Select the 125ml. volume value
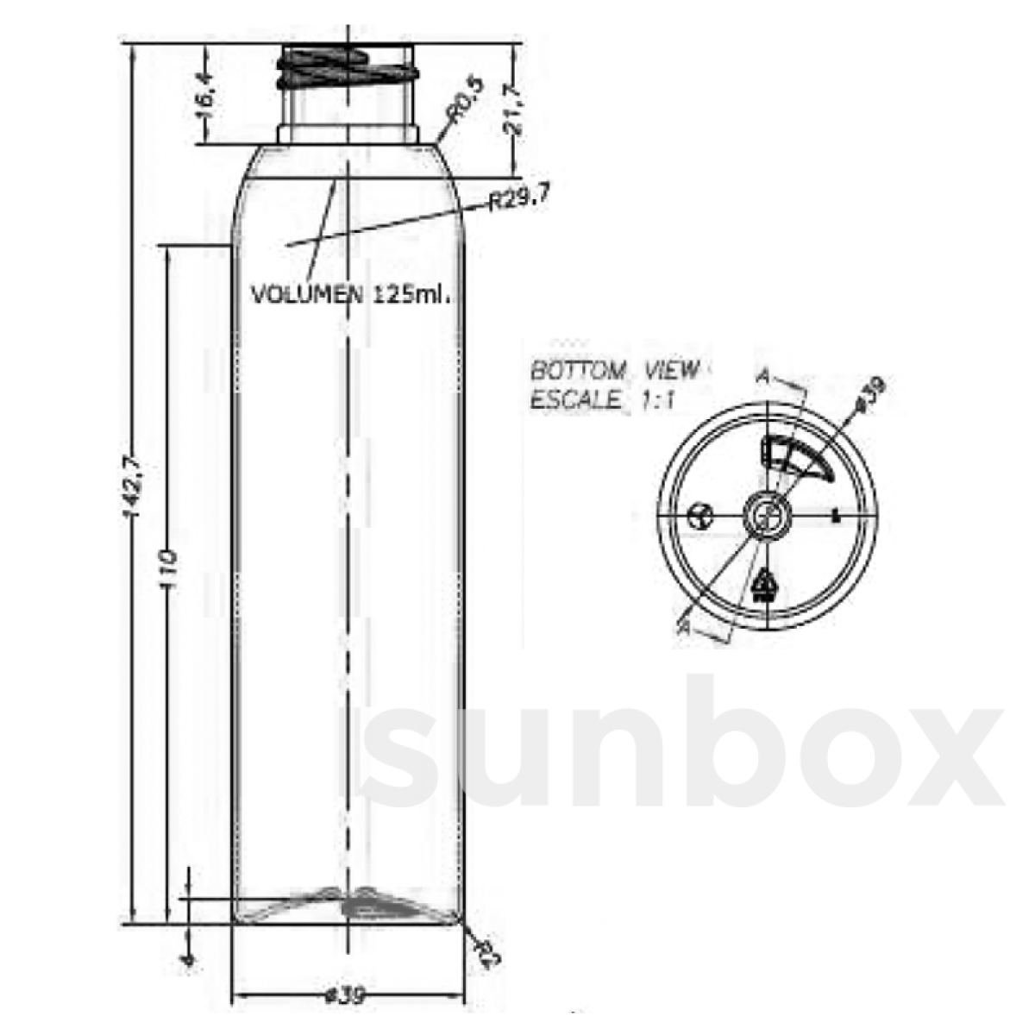coord(412,295)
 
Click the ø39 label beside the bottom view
coord(869,394)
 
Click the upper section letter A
coord(762,377)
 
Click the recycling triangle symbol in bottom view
coord(764,587)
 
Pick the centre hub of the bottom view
coord(765,517)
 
